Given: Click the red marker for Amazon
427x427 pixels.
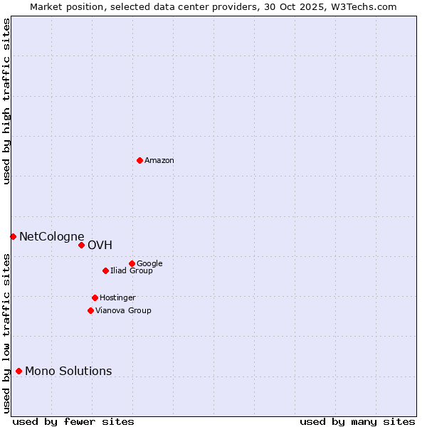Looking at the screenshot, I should pos(139,160).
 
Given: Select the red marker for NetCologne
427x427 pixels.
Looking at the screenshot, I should pos(13,236).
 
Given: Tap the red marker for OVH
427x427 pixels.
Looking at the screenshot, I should pos(81,245).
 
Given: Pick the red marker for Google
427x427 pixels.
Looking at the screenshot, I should pos(132,263).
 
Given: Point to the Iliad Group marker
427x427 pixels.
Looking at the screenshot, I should pos(105,270).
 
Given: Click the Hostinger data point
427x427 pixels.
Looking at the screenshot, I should pos(95,297).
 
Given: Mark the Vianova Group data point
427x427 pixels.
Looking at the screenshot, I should pos(90,310).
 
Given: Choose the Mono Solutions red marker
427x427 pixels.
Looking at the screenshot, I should pos(19,371).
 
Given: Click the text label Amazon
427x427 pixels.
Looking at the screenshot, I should pos(159,161).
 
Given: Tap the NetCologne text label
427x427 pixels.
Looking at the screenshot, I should pos(52,237).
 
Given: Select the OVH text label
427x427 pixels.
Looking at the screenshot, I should pos(100,246).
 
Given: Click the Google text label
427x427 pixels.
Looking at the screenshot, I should pos(150,264).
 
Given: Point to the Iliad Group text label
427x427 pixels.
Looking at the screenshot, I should pos(132,271).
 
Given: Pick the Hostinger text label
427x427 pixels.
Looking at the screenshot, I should pos(118,298).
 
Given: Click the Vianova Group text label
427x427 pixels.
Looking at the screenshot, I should pos(124,311).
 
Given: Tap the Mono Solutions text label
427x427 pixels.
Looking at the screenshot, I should pos(68,371).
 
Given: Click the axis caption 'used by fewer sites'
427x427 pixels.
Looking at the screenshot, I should pos(73,422).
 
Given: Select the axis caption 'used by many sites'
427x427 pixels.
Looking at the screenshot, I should pos(357,422).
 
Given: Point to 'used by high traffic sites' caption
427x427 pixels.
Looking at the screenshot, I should pos(6,101).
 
